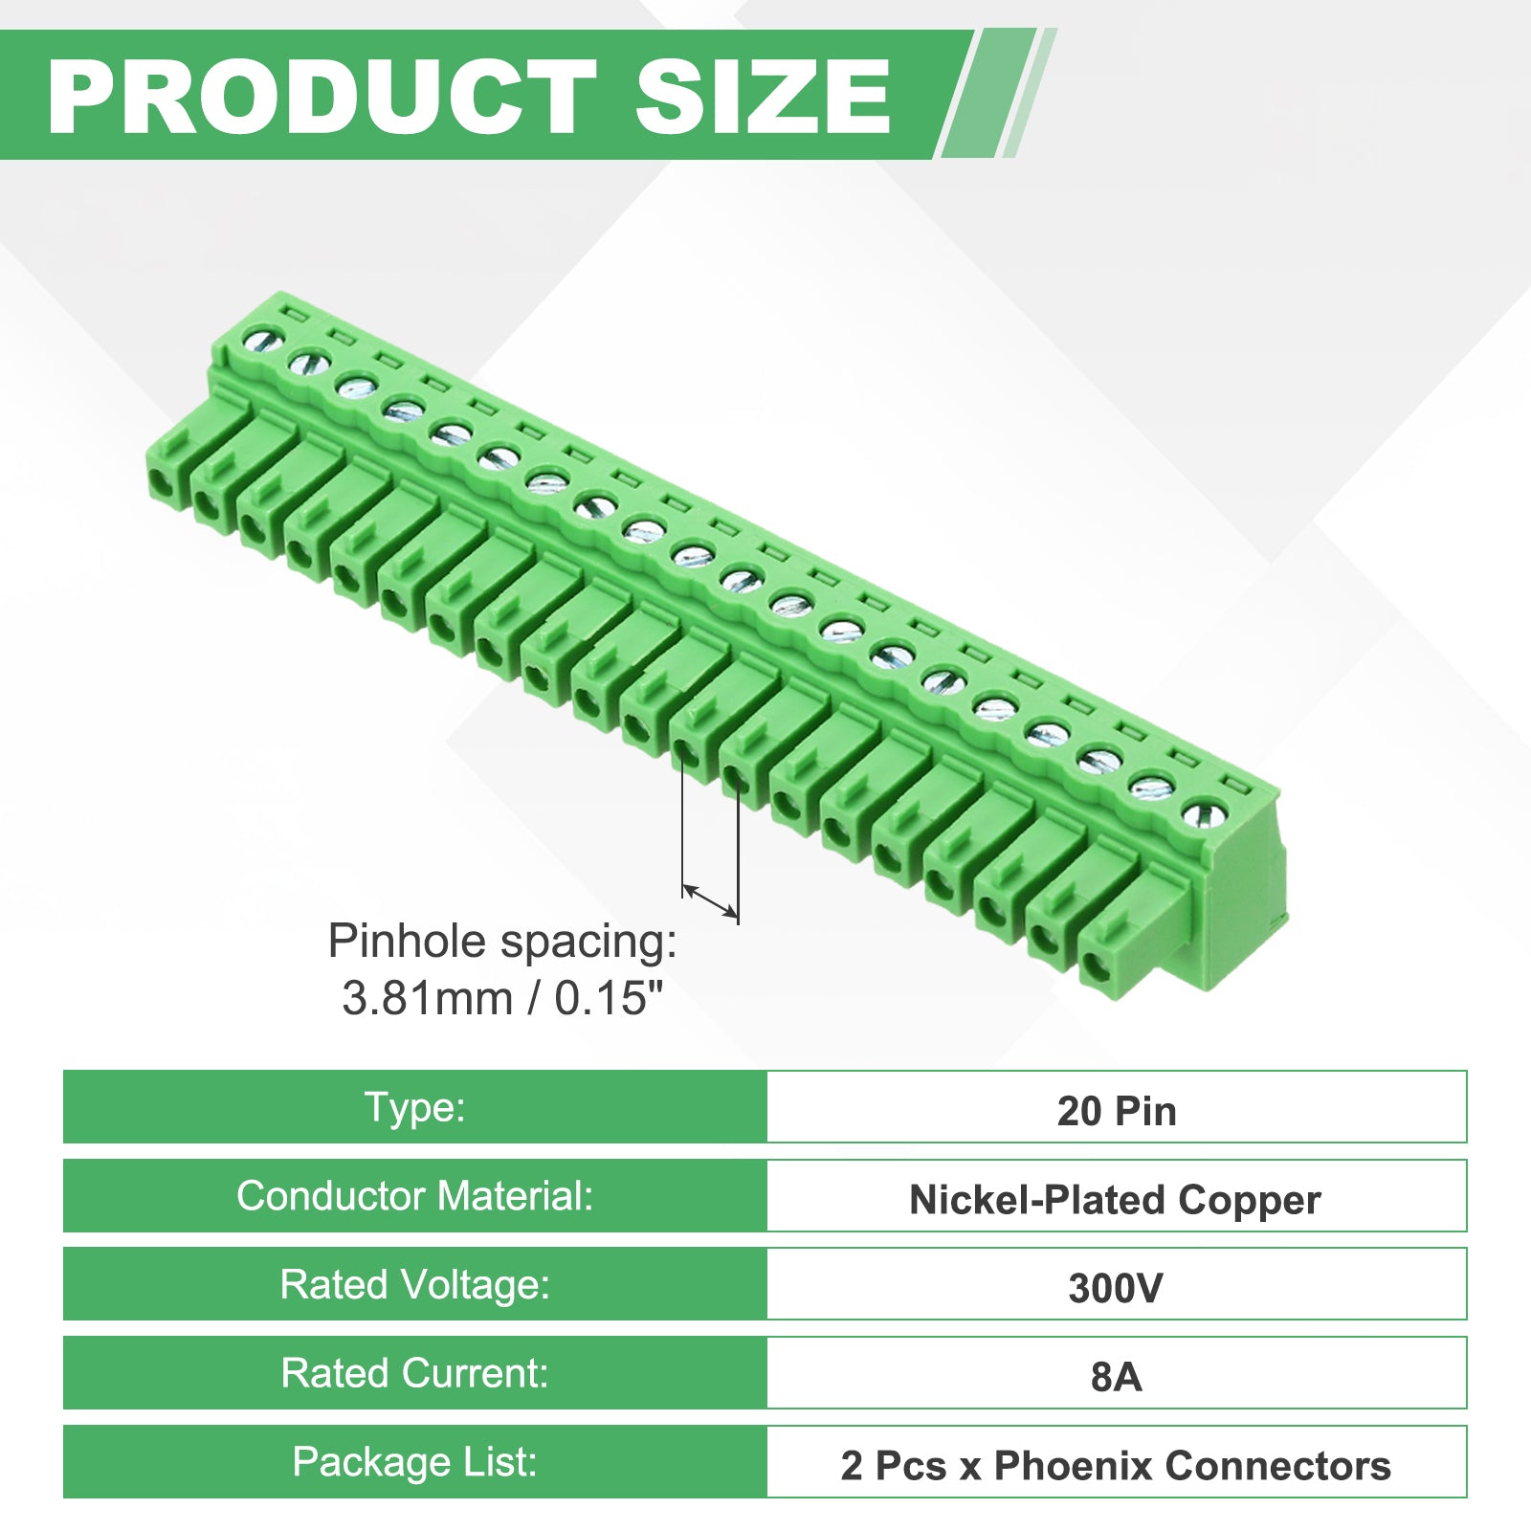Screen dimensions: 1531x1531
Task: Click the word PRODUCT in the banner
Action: (x=322, y=96)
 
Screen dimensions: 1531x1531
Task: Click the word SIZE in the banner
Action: (x=763, y=96)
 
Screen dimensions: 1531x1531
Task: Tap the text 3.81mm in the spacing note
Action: (x=428, y=998)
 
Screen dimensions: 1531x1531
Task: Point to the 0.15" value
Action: (x=609, y=998)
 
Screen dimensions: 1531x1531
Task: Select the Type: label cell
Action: (x=415, y=1107)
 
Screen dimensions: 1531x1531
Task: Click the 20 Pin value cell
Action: (x=1117, y=1107)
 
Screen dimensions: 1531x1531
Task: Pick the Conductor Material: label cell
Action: (x=415, y=1196)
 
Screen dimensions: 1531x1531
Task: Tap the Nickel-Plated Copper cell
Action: (x=1117, y=1196)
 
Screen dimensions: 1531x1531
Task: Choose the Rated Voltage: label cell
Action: (x=415, y=1284)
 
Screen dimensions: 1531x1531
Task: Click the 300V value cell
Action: (x=1117, y=1284)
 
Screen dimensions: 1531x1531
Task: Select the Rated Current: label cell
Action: (x=415, y=1373)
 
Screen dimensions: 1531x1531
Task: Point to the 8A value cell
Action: (x=1117, y=1373)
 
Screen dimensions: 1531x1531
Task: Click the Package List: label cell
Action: (x=415, y=1462)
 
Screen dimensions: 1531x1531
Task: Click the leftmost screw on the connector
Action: (x=260, y=339)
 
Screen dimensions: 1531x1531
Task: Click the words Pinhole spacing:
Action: (x=502, y=942)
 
